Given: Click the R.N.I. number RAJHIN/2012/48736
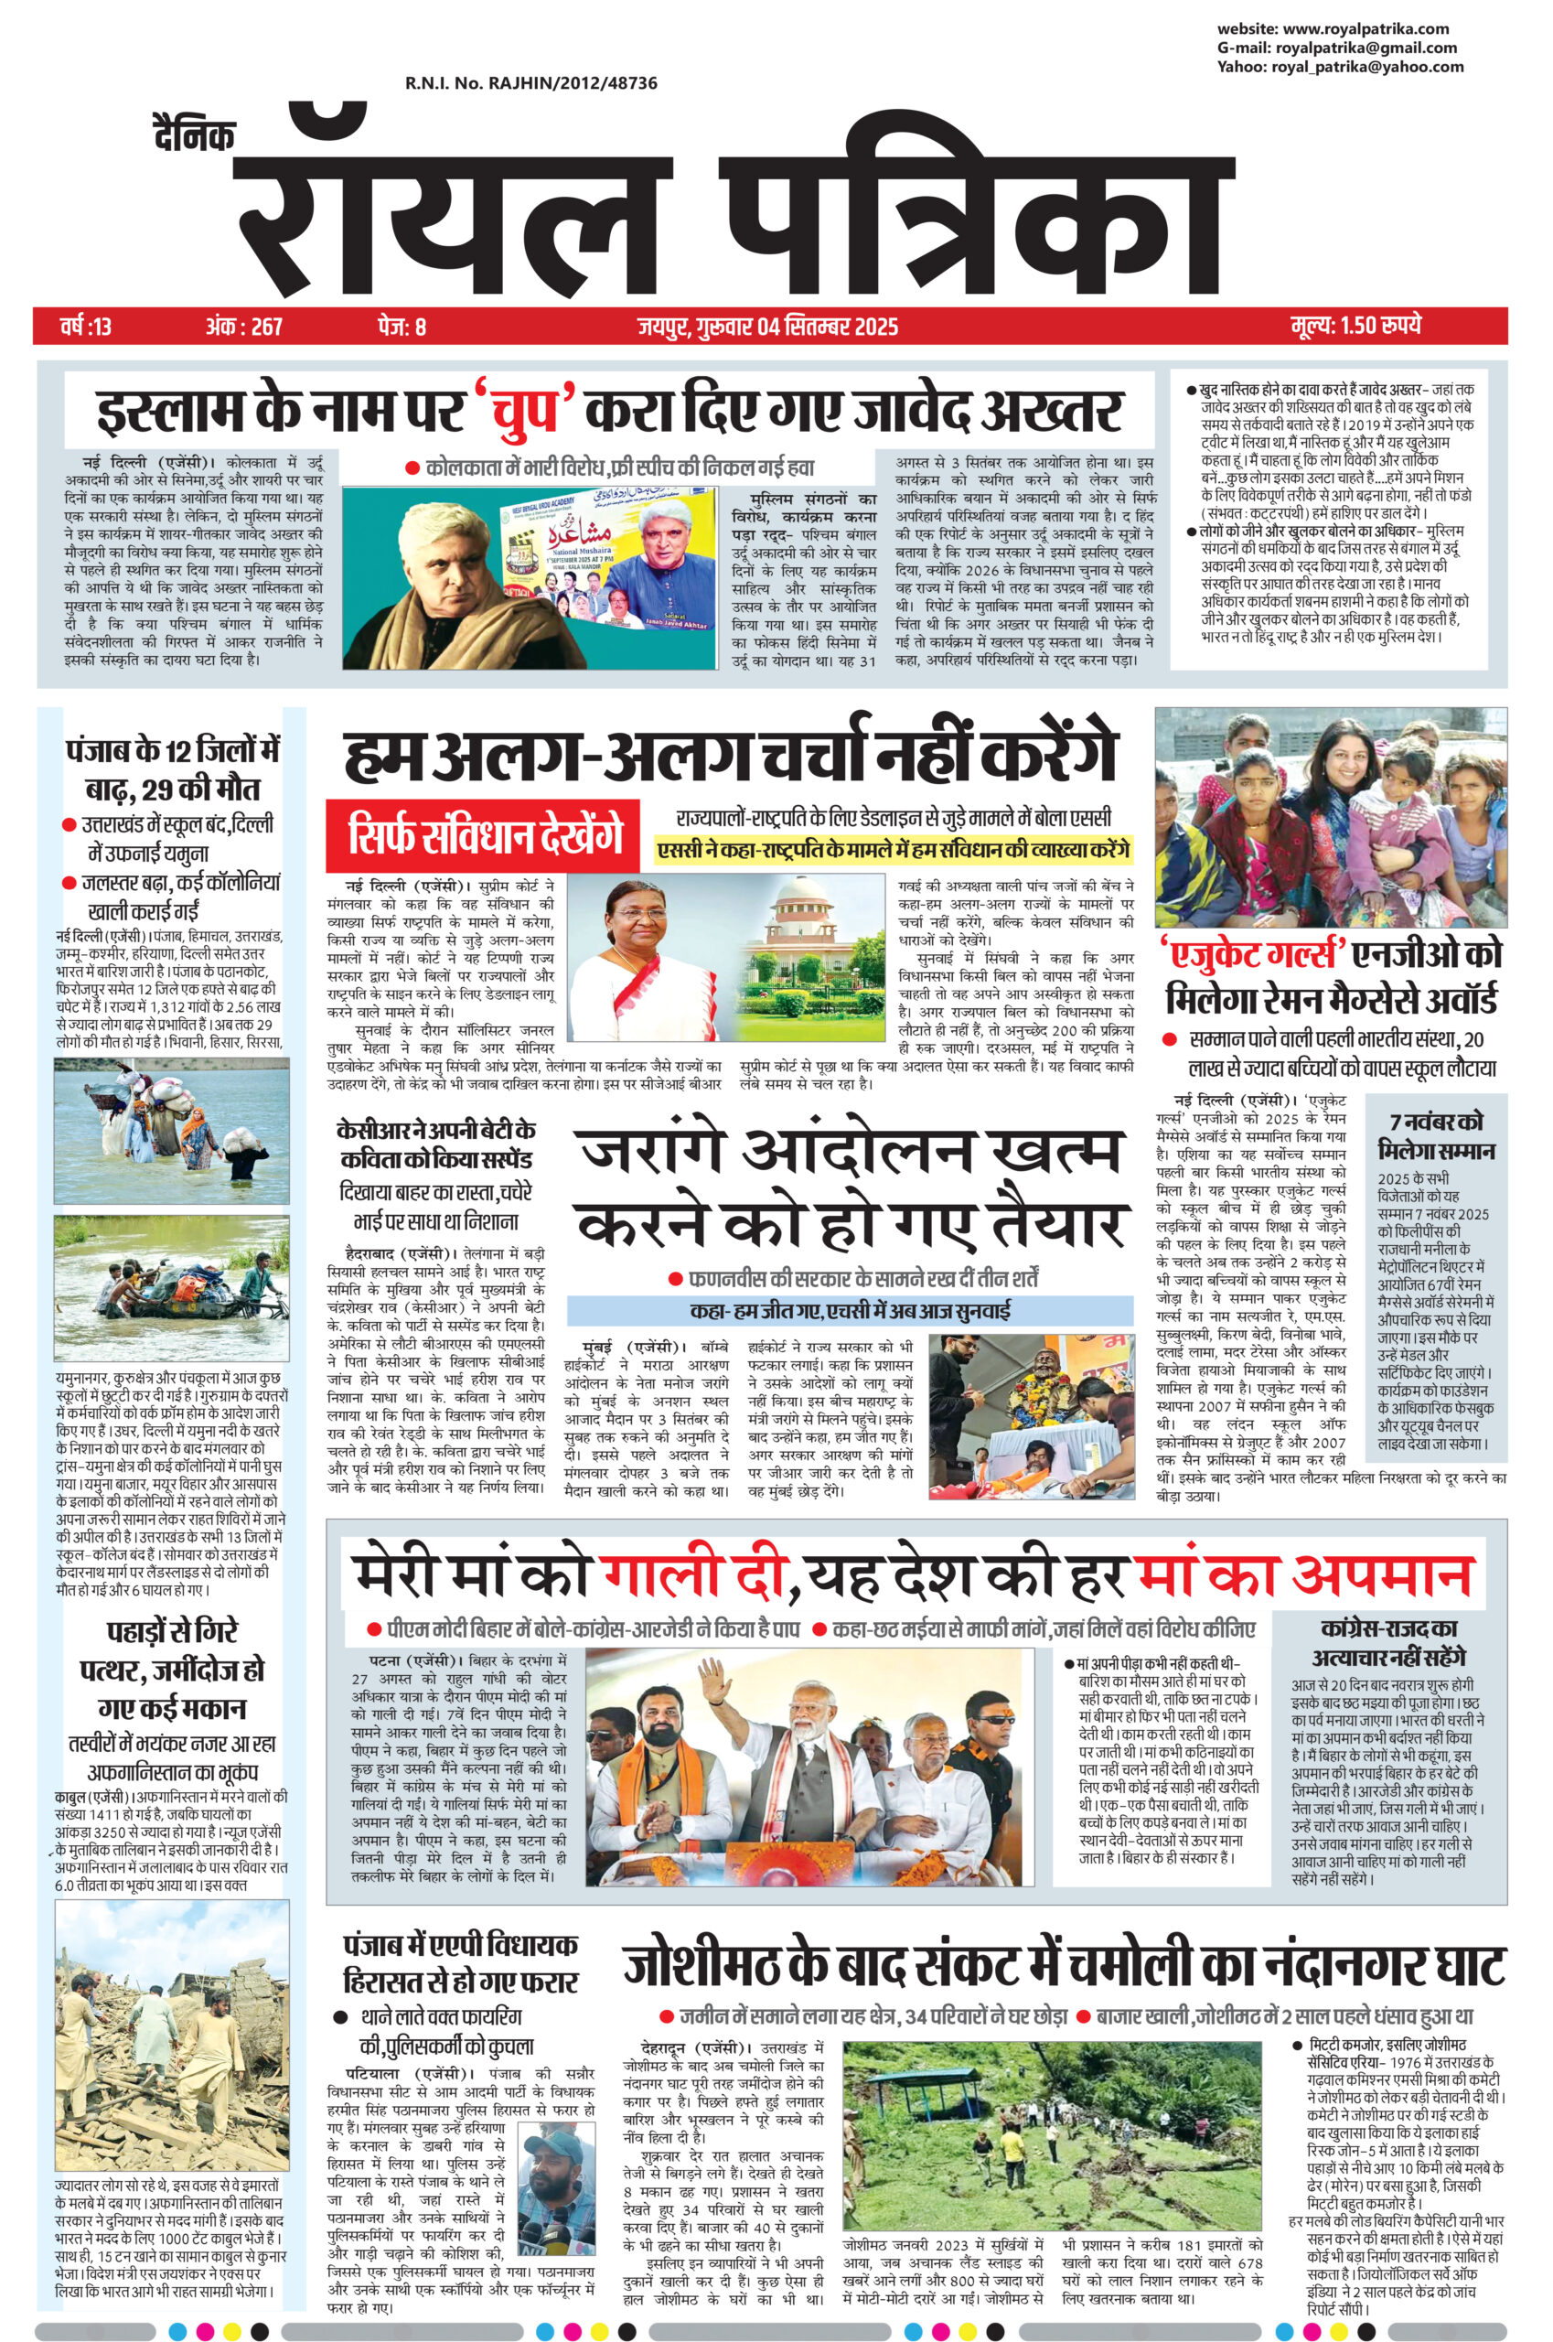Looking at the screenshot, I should (530, 84).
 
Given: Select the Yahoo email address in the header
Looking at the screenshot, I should (1340, 67).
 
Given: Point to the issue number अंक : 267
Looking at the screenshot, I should (243, 325).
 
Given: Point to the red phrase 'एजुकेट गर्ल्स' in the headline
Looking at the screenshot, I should (1252, 956).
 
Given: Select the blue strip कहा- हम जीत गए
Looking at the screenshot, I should (850, 1311).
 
